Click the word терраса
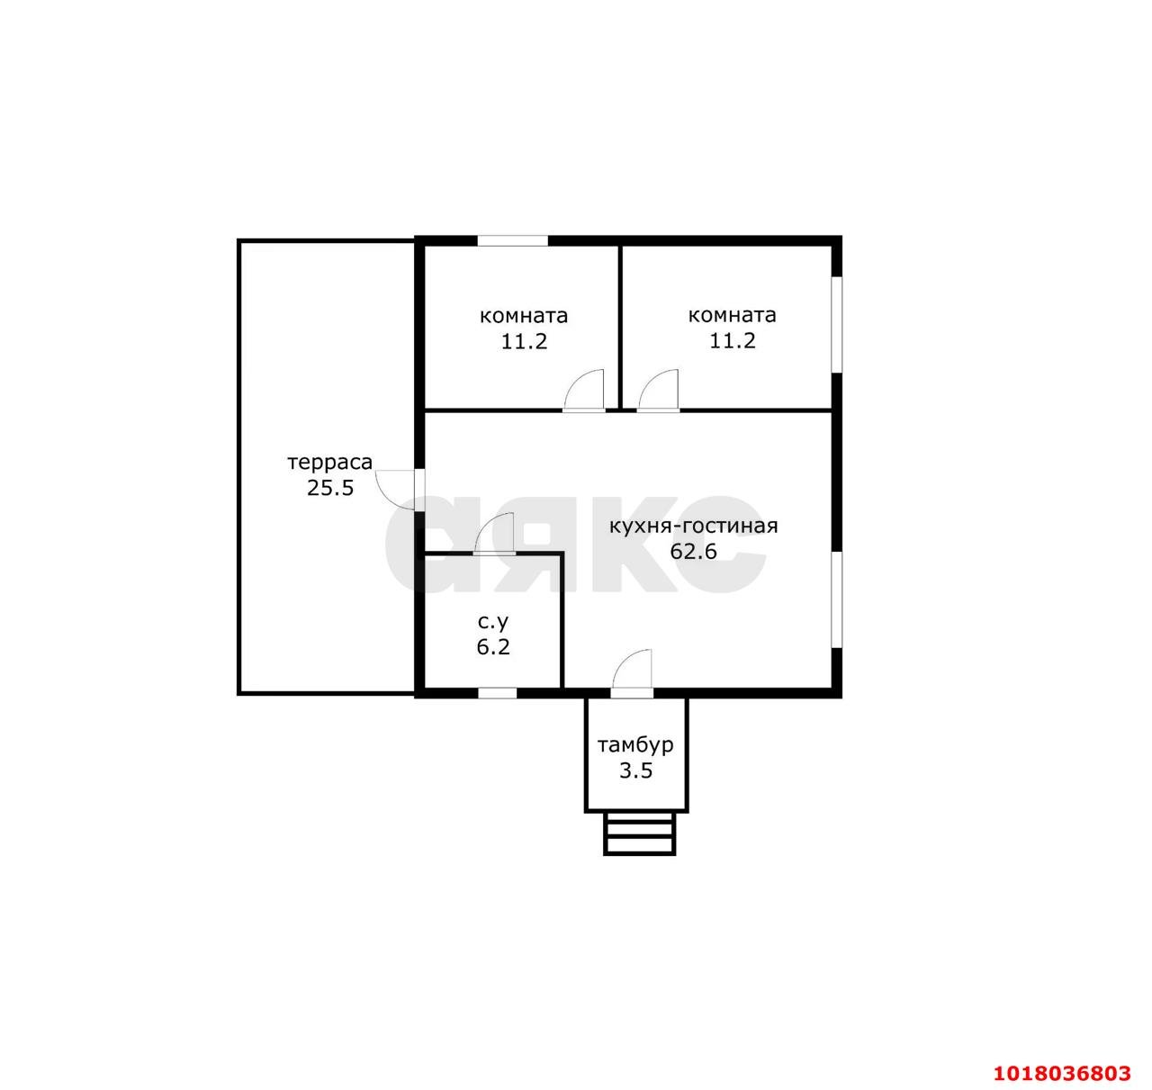pos(330,463)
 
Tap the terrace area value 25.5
pos(330,488)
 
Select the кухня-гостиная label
pos(694,527)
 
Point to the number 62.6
pos(694,552)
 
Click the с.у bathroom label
pos(493,622)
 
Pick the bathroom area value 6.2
pos(493,647)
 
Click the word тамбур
pos(635,745)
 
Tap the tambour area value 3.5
pos(635,770)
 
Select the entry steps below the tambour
pos(639,833)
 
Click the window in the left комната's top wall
pos(512,240)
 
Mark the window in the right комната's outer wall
pos(837,324)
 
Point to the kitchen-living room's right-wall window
pos(837,599)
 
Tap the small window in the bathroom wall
pos(498,693)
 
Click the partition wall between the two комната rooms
pos(620,327)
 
